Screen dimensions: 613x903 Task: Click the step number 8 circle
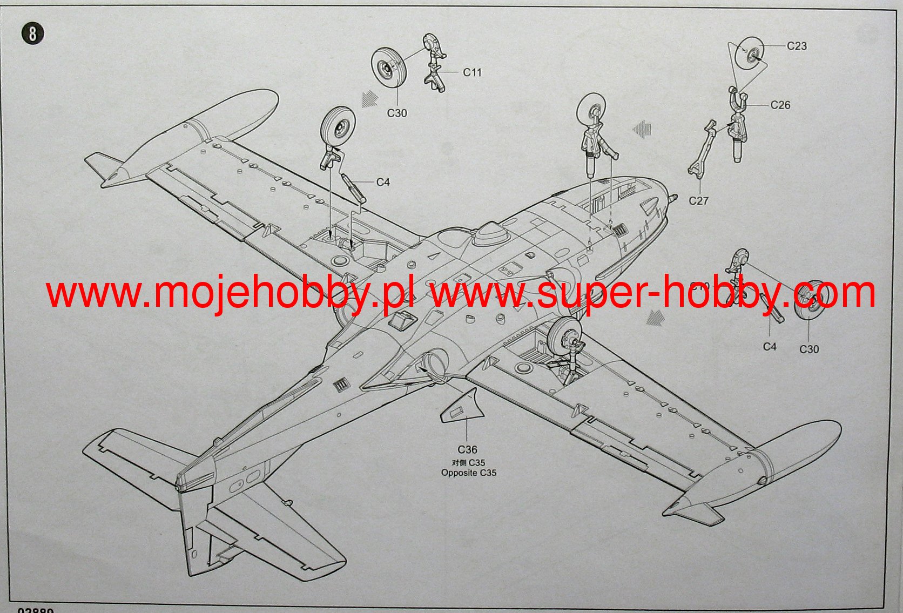click(32, 34)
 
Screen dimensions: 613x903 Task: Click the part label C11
click(472, 72)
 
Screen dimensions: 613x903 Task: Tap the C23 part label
click(797, 46)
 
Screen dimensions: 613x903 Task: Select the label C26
click(780, 105)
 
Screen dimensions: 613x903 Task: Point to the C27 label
click(698, 201)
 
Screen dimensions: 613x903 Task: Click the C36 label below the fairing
click(467, 450)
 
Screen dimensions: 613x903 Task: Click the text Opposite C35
click(468, 473)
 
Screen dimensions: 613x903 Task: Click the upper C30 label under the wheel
click(397, 113)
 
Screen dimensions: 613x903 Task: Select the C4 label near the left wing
click(383, 183)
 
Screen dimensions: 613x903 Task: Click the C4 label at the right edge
click(770, 347)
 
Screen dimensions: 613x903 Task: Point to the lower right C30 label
click(809, 349)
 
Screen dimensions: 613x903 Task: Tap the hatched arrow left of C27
click(642, 129)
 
